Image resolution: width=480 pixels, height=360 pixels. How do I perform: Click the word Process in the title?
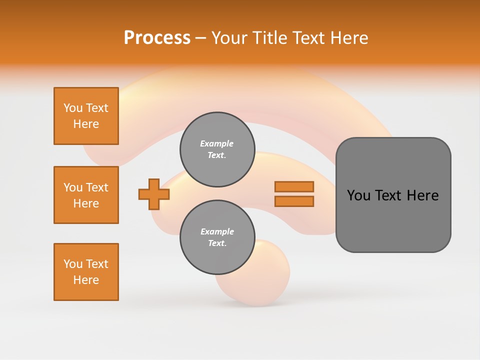[x=157, y=38]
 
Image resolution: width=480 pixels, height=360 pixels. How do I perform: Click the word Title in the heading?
[x=268, y=38]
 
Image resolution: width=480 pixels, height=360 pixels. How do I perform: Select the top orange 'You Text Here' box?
[x=86, y=116]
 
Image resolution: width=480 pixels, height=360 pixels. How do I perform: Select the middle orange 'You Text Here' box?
[x=86, y=195]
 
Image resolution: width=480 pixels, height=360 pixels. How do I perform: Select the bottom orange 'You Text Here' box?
[x=86, y=272]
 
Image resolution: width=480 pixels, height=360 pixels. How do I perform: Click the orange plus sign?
[x=153, y=194]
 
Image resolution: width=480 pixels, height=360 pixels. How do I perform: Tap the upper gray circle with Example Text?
[x=217, y=149]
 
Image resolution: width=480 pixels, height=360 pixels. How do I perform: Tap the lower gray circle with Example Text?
[x=217, y=237]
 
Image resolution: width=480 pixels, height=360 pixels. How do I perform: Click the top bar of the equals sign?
[x=294, y=187]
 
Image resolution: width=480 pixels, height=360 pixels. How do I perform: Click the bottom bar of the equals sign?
[x=294, y=201]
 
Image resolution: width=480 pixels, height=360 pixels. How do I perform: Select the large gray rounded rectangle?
[x=393, y=225]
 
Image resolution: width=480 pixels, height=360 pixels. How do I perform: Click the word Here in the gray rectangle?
[x=422, y=195]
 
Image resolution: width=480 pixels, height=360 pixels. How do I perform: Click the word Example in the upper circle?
[x=217, y=143]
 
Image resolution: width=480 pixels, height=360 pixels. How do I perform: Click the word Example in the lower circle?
[x=217, y=231]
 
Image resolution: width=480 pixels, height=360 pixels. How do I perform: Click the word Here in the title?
[x=348, y=38]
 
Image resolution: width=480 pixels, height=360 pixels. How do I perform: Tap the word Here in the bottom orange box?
[x=86, y=280]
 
